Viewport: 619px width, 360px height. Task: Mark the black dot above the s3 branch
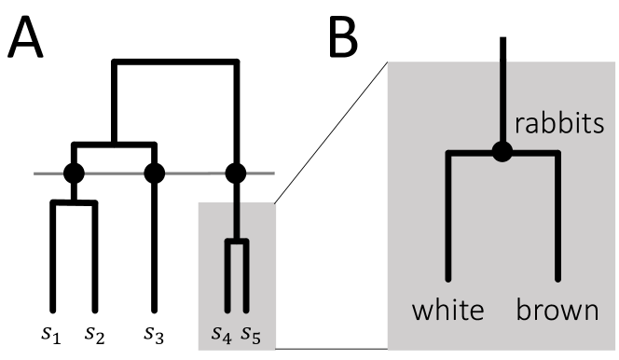[155, 173]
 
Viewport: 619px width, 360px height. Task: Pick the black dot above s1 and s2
[74, 173]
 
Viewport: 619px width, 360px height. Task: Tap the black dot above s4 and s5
[236, 173]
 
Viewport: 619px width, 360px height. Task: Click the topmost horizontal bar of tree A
[174, 63]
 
